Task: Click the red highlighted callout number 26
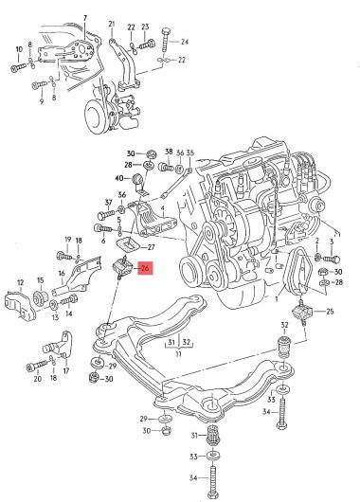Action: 145,269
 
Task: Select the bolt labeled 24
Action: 165,43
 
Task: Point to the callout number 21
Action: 112,24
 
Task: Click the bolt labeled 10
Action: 19,66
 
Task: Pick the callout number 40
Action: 119,178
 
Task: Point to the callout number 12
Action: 20,282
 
